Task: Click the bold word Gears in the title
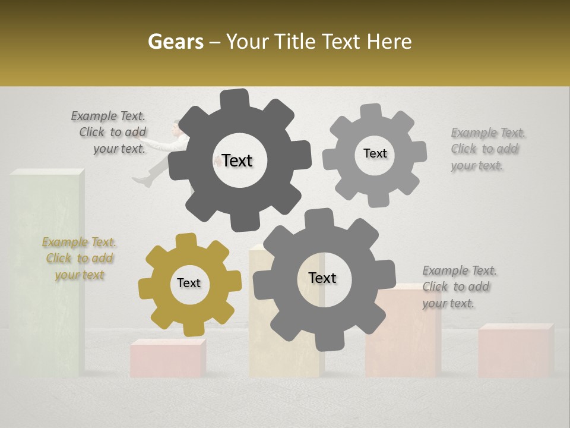pos(173,42)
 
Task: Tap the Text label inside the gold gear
pos(189,284)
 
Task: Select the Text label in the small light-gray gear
pos(375,153)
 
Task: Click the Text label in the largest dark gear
pos(237,160)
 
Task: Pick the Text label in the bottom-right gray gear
pos(322,278)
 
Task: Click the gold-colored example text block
pos(79,259)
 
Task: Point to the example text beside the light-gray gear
pos(486,149)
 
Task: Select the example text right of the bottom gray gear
pos(458,287)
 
